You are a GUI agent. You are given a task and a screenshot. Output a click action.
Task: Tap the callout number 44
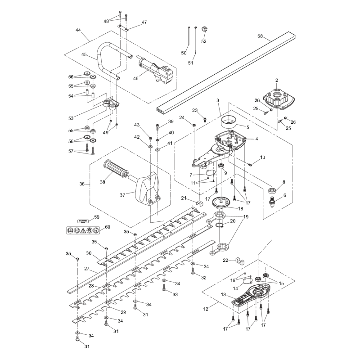click(x=78, y=30)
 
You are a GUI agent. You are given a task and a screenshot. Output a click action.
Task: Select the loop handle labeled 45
click(x=100, y=61)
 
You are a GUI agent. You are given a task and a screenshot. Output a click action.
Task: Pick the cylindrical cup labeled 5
click(x=229, y=122)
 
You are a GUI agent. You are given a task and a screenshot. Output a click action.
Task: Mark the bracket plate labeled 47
click(x=124, y=29)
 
